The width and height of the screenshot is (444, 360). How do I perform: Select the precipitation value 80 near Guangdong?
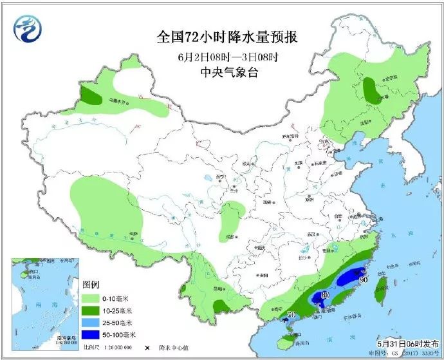coord(324,295)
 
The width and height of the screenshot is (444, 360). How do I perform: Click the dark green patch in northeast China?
coord(371,91)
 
